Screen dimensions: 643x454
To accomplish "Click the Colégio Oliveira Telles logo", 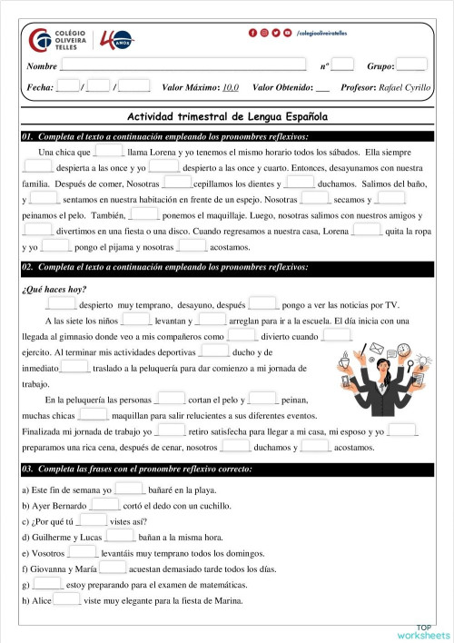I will pos(58,41).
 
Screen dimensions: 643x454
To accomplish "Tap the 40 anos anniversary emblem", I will pos(117,41).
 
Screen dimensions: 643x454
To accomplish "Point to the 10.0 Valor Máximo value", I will pos(230,87).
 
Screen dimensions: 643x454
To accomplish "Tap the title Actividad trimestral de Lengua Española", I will pos(227,117).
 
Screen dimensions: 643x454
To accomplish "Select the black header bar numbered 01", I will pos(227,135).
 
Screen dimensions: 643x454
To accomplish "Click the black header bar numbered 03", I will pos(227,470).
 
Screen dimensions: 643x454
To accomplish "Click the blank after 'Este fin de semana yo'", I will pos(130,489).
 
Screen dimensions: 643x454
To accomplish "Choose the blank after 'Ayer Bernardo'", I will pos(104,504).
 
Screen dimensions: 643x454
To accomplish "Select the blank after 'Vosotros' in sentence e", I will pos(82,552).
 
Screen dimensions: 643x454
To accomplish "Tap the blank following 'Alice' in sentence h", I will pos(67,600).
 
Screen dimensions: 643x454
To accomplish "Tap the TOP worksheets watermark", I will pos(423,632).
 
